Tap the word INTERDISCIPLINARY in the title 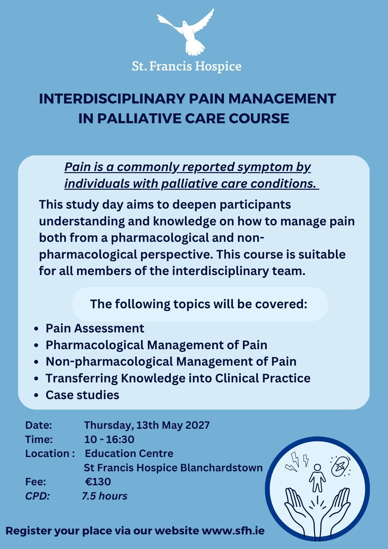112,99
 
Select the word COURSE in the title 259,118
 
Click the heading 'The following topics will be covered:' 199,304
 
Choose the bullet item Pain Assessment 95,328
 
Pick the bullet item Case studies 82,395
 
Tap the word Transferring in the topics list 82,379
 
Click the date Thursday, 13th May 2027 147,425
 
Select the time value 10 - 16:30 109,439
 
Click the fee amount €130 98,482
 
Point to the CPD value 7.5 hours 105,496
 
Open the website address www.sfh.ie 233,531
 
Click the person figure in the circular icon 317,478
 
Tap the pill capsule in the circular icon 340,466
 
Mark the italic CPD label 37,496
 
